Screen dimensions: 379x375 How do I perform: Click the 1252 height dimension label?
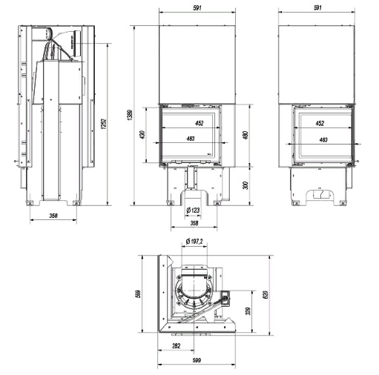coord(104,124)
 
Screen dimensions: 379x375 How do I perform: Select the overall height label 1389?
coord(131,115)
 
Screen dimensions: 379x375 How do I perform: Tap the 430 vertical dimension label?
coord(142,135)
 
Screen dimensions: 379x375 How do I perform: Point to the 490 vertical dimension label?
coord(246,135)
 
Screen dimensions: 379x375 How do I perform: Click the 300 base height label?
coord(245,185)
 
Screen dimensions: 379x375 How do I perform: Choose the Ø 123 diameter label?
coord(193,210)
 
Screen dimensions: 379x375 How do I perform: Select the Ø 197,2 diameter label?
coord(194,242)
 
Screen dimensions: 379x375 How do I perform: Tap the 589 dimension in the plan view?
coord(139,293)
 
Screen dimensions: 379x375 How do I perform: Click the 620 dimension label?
coord(266,294)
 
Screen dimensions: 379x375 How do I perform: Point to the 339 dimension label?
coord(248,311)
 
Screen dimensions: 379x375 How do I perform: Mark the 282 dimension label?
coord(176,346)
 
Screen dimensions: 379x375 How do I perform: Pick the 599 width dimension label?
coord(197,360)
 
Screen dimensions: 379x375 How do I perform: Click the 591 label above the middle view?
coord(197,7)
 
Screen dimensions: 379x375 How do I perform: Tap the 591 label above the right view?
coord(317,7)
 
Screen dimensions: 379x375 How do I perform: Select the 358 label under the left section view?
coord(53,216)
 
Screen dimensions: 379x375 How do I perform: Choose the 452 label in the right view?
coord(320,123)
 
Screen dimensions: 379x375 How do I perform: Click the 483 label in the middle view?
coord(191,139)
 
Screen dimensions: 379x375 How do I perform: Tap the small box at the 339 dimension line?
coord(225,295)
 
